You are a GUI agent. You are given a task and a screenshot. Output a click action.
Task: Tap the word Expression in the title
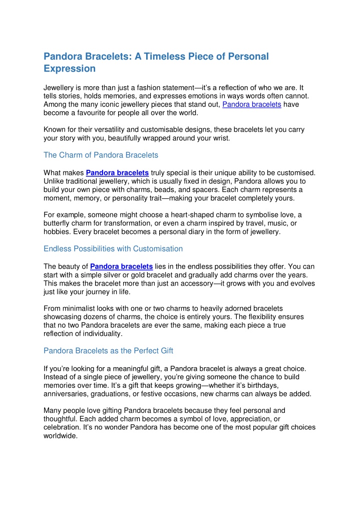[69, 69]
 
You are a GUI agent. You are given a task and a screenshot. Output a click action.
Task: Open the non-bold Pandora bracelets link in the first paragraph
[252, 104]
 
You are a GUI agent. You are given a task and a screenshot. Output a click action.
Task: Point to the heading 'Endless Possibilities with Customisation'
[113, 248]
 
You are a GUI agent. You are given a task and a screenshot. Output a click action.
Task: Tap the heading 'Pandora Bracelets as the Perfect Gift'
[109, 350]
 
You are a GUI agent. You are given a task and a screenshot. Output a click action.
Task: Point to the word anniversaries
[67, 393]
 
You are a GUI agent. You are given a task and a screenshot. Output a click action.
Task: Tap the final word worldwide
[61, 436]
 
